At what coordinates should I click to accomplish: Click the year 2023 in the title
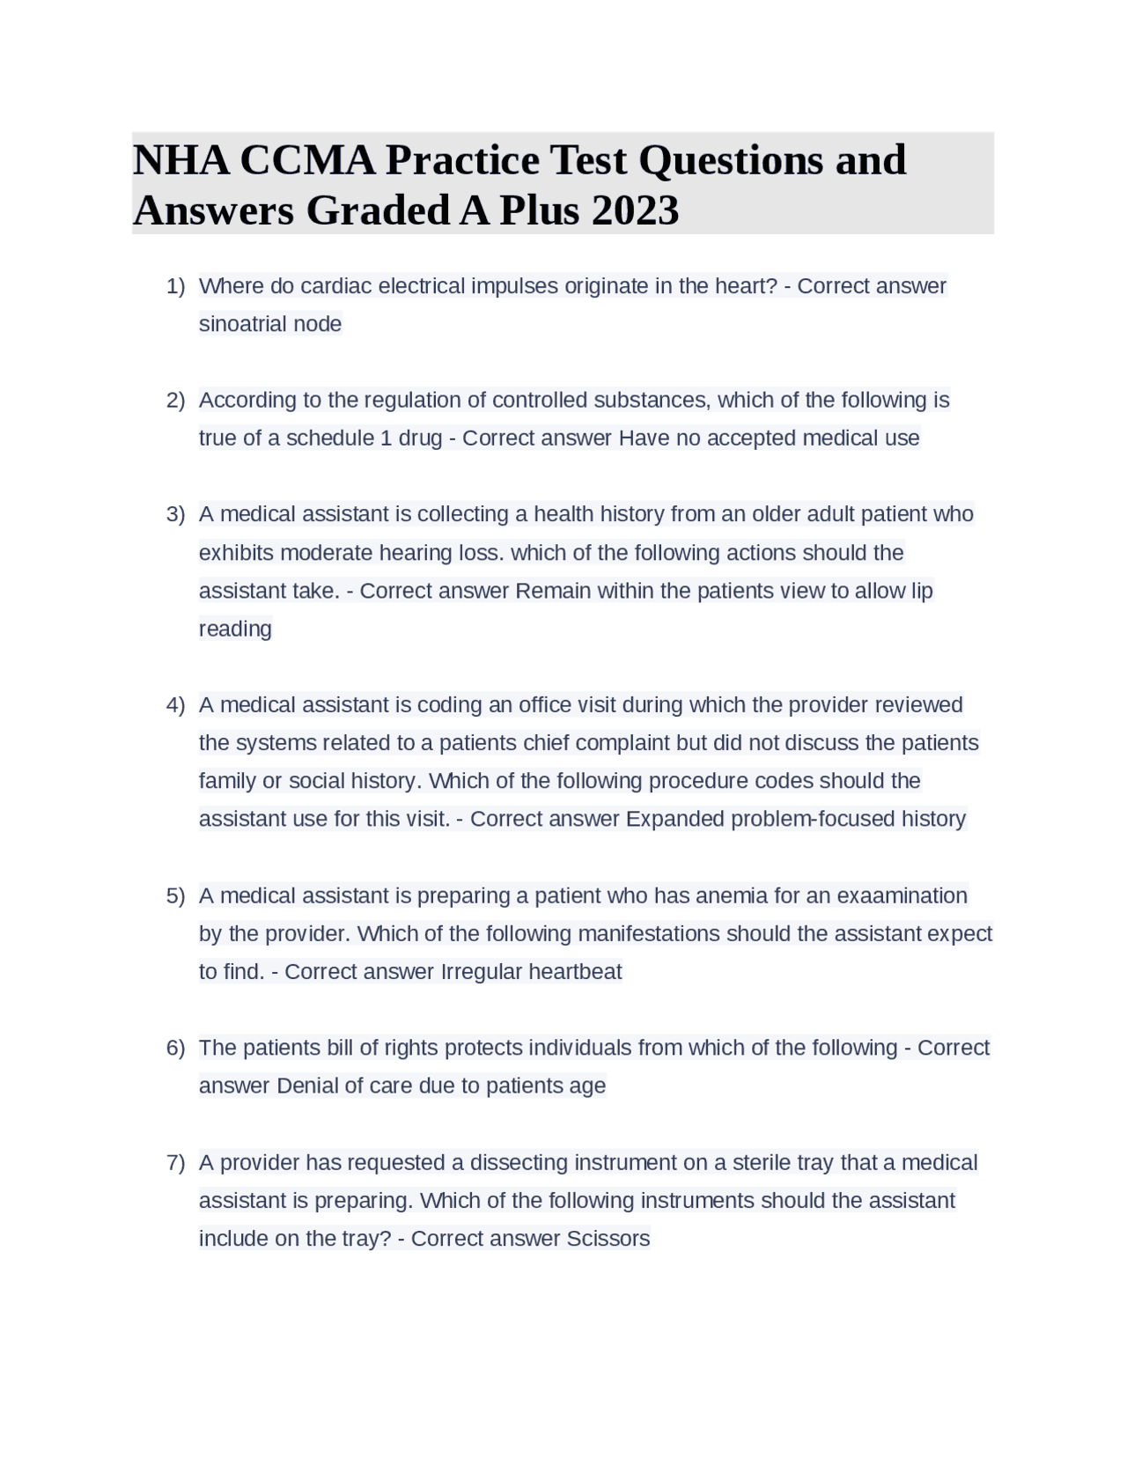(635, 210)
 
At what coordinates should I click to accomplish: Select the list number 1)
(175, 286)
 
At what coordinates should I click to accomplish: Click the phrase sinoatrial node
(270, 324)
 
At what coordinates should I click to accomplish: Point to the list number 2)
(175, 401)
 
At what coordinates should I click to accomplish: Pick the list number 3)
(175, 514)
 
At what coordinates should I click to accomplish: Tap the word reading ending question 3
(235, 629)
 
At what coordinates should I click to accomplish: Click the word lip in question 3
(922, 591)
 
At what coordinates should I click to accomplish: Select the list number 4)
(175, 705)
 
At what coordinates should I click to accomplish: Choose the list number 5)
(175, 896)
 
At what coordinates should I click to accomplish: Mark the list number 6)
(175, 1049)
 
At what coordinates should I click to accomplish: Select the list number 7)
(175, 1163)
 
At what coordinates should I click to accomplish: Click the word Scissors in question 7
(608, 1239)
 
